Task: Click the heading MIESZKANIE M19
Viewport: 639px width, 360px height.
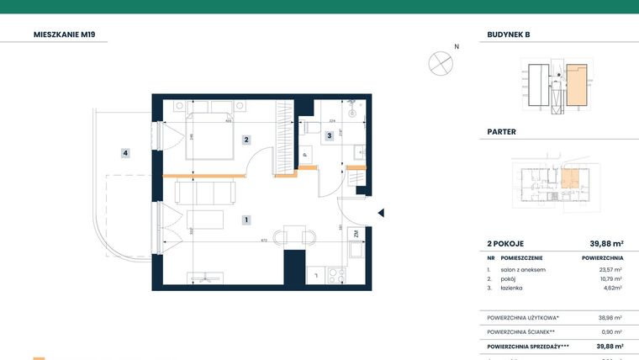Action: (x=70, y=34)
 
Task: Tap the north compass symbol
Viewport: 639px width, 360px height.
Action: (x=441, y=62)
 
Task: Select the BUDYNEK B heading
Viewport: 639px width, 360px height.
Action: (x=509, y=34)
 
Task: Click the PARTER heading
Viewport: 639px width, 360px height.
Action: (x=502, y=132)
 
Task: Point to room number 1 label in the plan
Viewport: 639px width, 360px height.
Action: (x=246, y=220)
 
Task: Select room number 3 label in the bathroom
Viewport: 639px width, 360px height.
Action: (x=329, y=135)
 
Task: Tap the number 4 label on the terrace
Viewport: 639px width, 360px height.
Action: (x=124, y=153)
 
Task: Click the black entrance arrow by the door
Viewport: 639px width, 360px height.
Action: (x=380, y=213)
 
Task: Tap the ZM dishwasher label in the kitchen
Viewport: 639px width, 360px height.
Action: (x=356, y=234)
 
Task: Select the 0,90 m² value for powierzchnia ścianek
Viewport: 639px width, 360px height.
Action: (x=611, y=331)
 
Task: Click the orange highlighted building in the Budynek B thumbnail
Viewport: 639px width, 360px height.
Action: (x=576, y=85)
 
